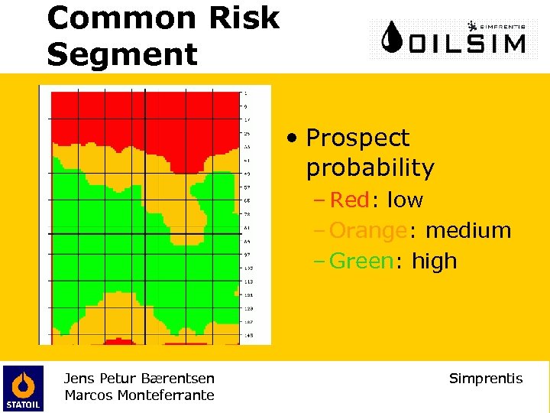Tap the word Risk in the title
click(x=247, y=18)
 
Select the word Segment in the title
click(x=122, y=54)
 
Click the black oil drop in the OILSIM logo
click(x=393, y=37)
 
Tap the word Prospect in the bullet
click(x=357, y=138)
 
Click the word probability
click(x=370, y=167)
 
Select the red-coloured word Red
click(x=349, y=200)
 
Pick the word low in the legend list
click(x=405, y=200)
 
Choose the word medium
click(x=467, y=231)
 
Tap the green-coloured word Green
click(x=361, y=262)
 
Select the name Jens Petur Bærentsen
click(x=139, y=378)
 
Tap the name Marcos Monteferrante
click(x=139, y=395)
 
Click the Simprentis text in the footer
click(x=486, y=379)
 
